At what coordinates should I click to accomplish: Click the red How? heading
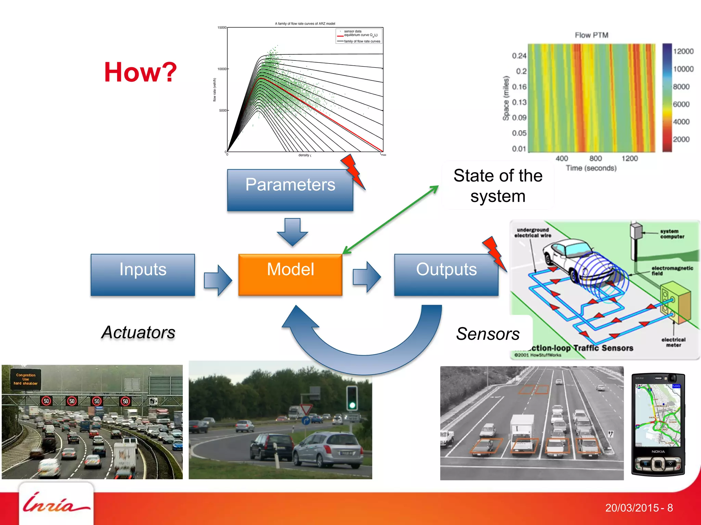[140, 72]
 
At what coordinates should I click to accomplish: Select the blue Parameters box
[290, 190]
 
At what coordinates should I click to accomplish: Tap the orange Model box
[290, 274]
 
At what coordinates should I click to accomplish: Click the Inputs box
[143, 274]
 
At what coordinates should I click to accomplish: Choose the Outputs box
[446, 274]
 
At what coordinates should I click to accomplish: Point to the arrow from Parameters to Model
[292, 232]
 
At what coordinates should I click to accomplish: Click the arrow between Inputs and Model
[218, 280]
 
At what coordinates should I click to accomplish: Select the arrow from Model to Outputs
[367, 277]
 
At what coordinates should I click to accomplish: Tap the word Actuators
[138, 332]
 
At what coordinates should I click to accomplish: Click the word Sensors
[488, 334]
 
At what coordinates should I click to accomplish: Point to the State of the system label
[498, 186]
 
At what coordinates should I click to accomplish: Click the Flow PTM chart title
[591, 35]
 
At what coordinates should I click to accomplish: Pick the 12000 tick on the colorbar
[683, 51]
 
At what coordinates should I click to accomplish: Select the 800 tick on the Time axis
[596, 158]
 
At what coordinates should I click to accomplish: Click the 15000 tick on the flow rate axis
[222, 28]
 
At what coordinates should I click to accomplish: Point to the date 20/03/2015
[632, 508]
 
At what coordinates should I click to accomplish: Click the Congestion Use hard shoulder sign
[26, 379]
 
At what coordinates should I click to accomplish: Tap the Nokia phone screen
[658, 415]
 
